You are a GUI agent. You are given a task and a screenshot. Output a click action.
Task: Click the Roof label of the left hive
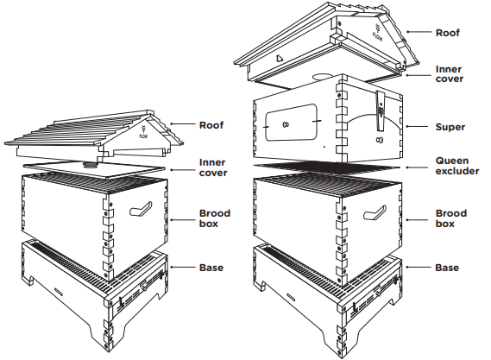(x=211, y=125)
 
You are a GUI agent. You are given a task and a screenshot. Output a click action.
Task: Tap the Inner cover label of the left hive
(x=213, y=167)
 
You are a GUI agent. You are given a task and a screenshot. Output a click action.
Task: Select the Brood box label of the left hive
(x=215, y=218)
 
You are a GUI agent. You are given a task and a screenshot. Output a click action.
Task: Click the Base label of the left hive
(x=211, y=268)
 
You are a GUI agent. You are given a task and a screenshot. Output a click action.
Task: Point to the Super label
(x=450, y=127)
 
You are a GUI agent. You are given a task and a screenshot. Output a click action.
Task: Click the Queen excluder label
(x=457, y=166)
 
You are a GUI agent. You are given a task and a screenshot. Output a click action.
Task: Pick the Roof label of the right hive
(x=448, y=33)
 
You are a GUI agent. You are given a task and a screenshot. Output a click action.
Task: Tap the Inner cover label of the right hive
(x=450, y=74)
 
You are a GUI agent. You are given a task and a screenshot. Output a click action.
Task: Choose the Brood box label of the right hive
(x=451, y=218)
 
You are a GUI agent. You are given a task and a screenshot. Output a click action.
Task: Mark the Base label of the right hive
(x=447, y=268)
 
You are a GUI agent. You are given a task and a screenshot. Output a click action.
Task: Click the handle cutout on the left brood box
(x=141, y=209)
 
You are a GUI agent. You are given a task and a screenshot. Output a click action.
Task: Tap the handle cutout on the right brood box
(x=375, y=212)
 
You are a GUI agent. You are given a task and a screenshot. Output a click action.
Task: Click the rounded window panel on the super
(x=291, y=123)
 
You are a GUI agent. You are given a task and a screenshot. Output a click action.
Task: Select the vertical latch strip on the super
(x=381, y=111)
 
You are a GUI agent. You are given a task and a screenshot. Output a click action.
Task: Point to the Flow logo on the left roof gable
(x=143, y=132)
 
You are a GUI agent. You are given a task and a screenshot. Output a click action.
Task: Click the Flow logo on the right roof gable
(x=377, y=31)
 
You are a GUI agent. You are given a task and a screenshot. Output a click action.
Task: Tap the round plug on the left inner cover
(x=91, y=165)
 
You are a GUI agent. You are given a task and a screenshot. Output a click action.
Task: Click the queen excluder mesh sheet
(x=326, y=167)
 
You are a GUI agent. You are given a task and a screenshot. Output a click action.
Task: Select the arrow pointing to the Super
(x=417, y=127)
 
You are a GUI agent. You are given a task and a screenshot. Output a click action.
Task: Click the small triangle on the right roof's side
(x=280, y=58)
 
